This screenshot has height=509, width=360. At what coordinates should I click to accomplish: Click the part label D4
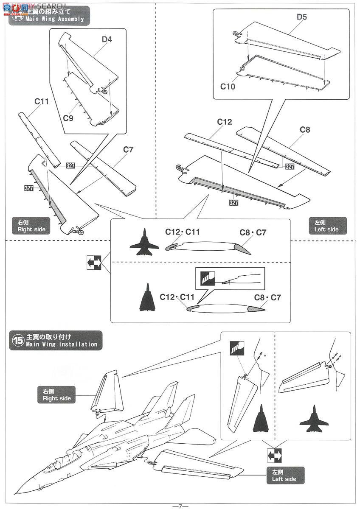[x=107, y=40]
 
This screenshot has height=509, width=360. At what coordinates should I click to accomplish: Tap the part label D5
[x=302, y=17]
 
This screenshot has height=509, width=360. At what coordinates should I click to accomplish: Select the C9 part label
[x=68, y=118]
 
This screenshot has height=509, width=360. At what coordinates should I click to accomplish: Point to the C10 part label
[x=228, y=86]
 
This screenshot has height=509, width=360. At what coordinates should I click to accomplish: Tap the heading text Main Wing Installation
[x=62, y=344]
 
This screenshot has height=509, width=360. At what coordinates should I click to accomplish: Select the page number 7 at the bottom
[x=180, y=506]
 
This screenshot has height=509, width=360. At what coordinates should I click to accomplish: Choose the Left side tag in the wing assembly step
[x=326, y=226]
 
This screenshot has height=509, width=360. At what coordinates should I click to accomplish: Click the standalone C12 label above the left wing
[x=225, y=122]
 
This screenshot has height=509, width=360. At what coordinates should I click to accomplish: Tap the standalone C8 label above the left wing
[x=305, y=130]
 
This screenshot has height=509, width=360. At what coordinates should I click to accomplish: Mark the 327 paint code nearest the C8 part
[x=290, y=167]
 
